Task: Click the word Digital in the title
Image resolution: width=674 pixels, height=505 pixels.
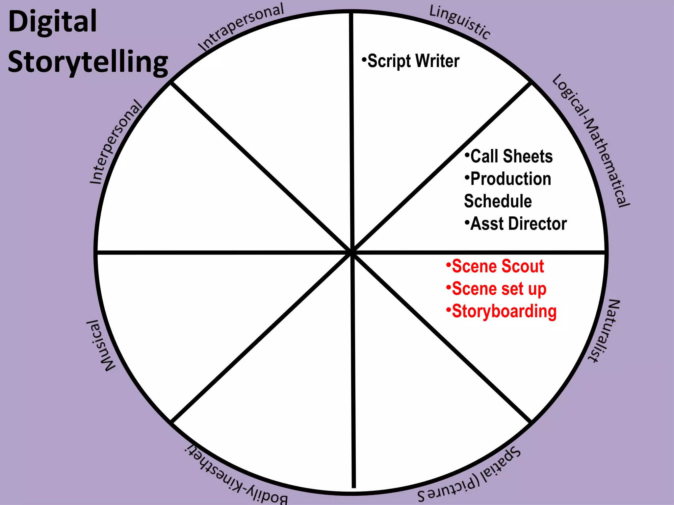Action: coord(53,22)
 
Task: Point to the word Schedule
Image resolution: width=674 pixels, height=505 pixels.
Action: coord(498,201)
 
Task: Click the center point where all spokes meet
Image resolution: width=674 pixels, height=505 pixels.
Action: coord(352,252)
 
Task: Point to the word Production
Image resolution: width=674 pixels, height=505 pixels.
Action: coord(511,179)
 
